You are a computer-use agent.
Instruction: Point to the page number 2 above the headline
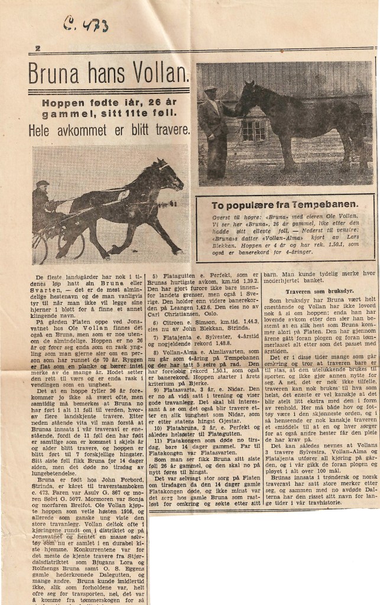pyautogui.click(x=38, y=49)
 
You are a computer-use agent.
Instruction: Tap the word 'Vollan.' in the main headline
pyautogui.click(x=161, y=73)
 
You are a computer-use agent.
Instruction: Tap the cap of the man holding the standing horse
pyautogui.click(x=210, y=89)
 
